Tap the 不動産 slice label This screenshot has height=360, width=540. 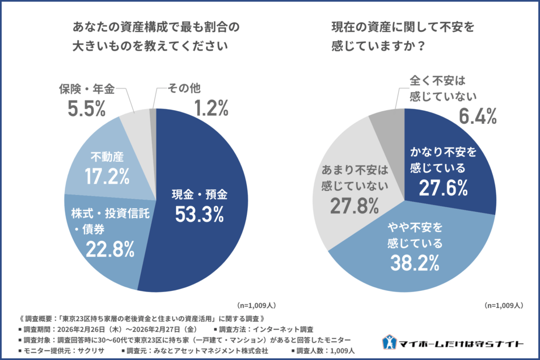tap(107, 158)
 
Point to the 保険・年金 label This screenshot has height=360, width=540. tap(87, 89)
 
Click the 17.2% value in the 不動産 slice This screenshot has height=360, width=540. tap(108, 176)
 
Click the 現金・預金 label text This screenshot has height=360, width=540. tap(199, 194)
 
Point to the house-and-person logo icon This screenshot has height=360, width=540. tap(390, 342)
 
